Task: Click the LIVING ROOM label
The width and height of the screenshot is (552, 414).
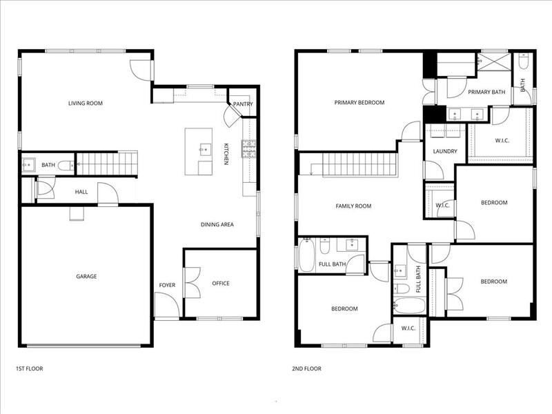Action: [x=85, y=103]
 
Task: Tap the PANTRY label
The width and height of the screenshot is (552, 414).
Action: [x=243, y=104]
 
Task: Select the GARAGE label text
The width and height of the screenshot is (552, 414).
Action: [x=86, y=277]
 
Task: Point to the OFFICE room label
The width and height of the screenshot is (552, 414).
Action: [x=221, y=284]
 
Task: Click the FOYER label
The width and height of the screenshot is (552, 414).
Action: [x=167, y=284]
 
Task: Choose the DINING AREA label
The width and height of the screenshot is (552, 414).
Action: [x=217, y=225]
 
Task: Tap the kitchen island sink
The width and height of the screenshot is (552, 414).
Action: [x=204, y=148]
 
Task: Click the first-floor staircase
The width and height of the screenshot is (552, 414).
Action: [x=107, y=164]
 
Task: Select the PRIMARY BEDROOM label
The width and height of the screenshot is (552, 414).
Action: [x=359, y=103]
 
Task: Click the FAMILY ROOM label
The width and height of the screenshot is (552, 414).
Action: [x=353, y=206]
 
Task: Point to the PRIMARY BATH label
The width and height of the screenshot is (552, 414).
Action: [x=486, y=92]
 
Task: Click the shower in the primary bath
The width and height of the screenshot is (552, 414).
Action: [x=494, y=61]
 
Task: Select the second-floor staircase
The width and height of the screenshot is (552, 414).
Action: [x=359, y=165]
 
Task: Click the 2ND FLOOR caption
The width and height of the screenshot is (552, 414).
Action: [x=306, y=368]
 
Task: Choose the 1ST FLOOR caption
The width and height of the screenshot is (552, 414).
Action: [x=29, y=368]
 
